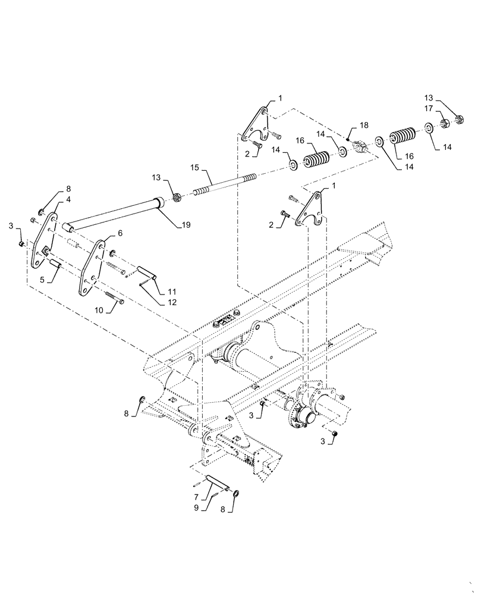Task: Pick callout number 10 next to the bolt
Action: click(98, 309)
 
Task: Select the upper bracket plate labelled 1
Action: click(258, 123)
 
